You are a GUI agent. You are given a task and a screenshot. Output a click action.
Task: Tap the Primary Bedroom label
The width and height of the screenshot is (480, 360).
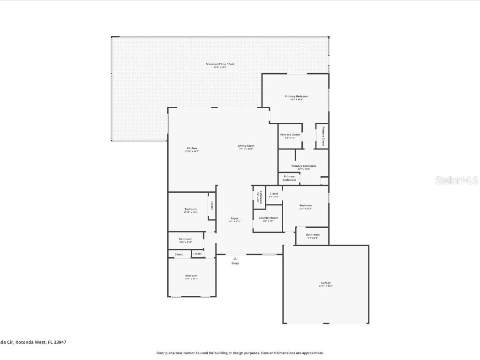click(x=296, y=96)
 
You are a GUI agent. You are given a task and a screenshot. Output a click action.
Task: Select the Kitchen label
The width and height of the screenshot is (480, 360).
click(x=191, y=148)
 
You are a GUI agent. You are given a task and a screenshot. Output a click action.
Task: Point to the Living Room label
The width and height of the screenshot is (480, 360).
click(x=246, y=146)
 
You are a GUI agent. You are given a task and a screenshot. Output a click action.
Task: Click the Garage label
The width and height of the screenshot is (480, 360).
click(x=325, y=283)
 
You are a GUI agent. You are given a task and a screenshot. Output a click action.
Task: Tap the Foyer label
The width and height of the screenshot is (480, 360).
click(x=234, y=218)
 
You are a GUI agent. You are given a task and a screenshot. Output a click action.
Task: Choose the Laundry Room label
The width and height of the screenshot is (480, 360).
click(x=268, y=217)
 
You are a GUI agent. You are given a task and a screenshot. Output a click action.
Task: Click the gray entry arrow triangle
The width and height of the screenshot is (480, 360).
click(x=235, y=258)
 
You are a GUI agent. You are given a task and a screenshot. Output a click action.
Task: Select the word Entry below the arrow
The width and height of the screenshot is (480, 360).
click(x=235, y=263)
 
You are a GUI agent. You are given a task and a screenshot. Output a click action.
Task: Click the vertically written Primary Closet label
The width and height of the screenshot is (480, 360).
click(x=322, y=136)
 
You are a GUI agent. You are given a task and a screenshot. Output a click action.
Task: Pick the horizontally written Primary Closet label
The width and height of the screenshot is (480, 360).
click(x=290, y=135)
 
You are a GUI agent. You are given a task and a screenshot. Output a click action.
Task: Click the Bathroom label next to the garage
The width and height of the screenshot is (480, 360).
click(x=313, y=234)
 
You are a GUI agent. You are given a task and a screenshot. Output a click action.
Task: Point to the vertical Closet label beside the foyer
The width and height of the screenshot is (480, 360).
click(x=212, y=205)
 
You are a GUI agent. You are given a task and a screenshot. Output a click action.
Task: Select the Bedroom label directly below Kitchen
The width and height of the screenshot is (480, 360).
click(x=190, y=209)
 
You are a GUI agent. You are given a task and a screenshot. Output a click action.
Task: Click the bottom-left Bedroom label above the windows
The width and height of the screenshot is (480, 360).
click(x=191, y=276)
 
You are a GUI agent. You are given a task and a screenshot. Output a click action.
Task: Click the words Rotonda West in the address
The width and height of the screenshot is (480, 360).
click(x=31, y=342)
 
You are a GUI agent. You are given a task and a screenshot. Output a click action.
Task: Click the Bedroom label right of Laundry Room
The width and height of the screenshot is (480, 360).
click(x=306, y=205)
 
